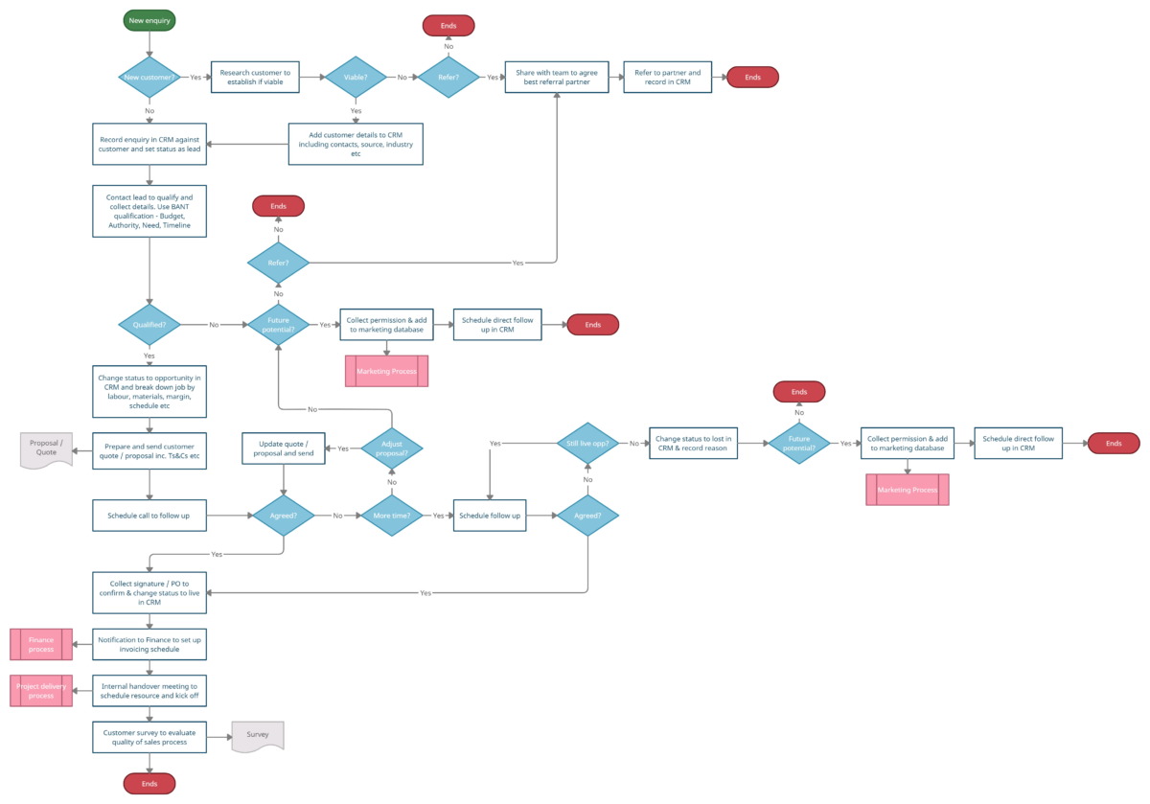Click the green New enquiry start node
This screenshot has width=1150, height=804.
(149, 20)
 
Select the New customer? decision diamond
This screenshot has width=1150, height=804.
(149, 77)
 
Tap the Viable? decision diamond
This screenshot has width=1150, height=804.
(356, 77)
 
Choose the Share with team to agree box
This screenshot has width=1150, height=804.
(558, 77)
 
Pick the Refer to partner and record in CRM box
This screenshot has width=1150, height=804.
(667, 77)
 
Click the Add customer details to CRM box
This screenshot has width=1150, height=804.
(356, 144)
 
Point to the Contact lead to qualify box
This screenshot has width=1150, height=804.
(149, 211)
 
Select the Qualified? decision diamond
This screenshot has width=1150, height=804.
(149, 325)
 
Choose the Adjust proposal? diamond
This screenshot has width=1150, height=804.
(391, 448)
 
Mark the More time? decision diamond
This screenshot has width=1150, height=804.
(391, 516)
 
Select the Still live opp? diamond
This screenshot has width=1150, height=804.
(588, 443)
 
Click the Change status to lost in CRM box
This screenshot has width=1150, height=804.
(693, 443)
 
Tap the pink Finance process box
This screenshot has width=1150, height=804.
(41, 644)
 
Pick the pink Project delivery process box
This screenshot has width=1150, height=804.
(41, 690)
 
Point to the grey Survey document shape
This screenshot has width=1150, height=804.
(258, 736)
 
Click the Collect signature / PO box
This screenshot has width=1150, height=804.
(149, 592)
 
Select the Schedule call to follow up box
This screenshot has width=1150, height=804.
(149, 516)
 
